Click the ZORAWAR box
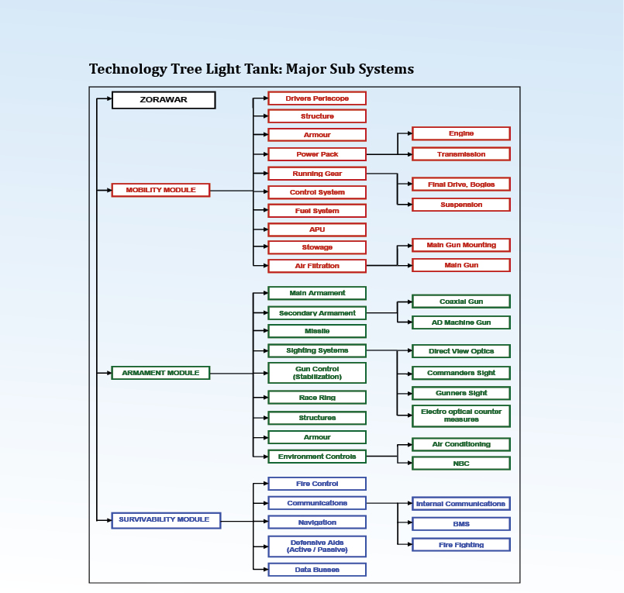[164, 100]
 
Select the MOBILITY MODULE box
[160, 190]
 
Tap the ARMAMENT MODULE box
[160, 373]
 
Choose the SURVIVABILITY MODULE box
[166, 520]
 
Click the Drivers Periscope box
[317, 98]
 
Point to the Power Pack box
[317, 154]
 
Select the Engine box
[461, 134]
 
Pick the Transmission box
[461, 154]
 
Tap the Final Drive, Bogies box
[461, 184]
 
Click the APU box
[317, 229]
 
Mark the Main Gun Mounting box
[461, 245]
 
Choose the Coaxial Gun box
[461, 302]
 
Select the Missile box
[317, 331]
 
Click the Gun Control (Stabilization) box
[317, 373]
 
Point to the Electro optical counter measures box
[461, 415]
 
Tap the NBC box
[461, 464]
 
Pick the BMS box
[461, 524]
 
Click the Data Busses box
[317, 569]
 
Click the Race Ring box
[317, 398]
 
